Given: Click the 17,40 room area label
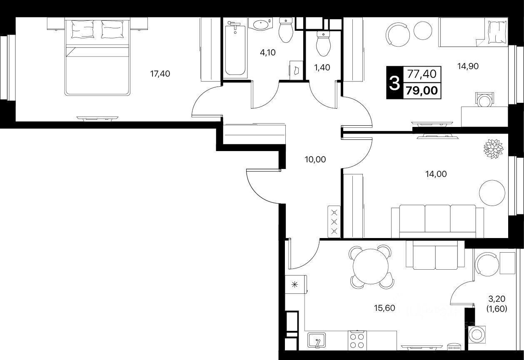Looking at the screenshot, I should tap(160, 74).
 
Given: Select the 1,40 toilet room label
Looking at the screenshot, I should tap(322, 67).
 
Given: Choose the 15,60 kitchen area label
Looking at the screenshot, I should tap(384, 308).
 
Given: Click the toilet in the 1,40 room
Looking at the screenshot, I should tap(323, 43).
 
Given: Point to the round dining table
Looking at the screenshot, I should tap(370, 267).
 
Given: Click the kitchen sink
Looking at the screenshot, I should tap(316, 340).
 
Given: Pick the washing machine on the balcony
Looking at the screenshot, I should tap(477, 334).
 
